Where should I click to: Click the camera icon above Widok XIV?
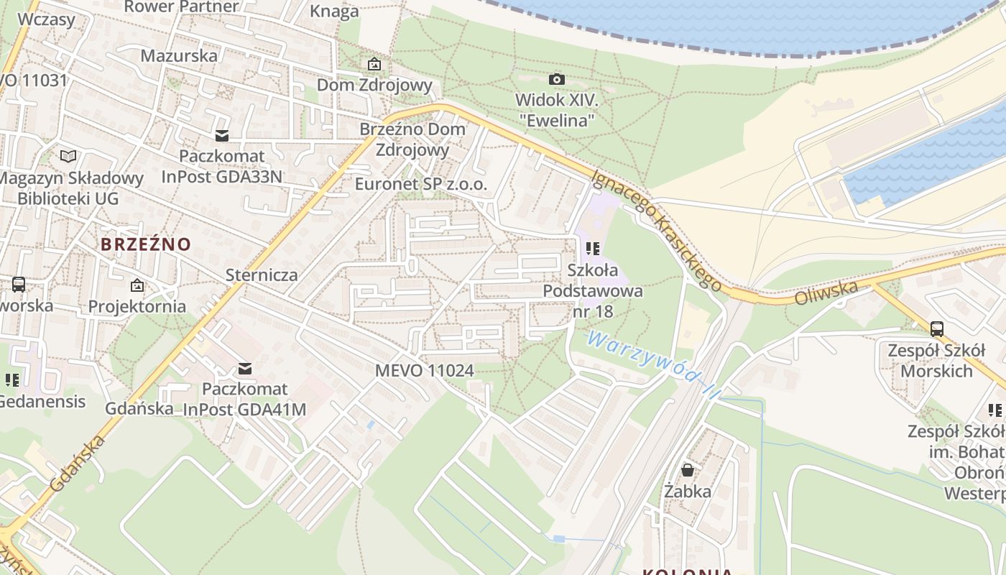click(x=556, y=79)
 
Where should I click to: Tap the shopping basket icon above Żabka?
click(x=688, y=470)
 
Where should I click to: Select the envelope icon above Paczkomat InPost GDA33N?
click(x=221, y=135)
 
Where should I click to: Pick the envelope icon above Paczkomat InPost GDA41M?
click(x=244, y=369)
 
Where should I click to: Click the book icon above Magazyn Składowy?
click(x=68, y=156)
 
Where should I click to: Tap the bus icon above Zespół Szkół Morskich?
click(x=936, y=329)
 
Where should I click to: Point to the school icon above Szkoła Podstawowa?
click(x=593, y=249)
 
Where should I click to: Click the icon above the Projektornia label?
click(x=137, y=285)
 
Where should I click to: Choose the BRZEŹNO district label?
click(x=146, y=244)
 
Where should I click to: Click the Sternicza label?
click(x=262, y=275)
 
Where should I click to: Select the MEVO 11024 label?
click(x=425, y=371)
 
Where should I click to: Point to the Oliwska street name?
click(x=826, y=293)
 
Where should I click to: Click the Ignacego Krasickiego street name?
click(x=656, y=230)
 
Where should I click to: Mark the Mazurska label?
click(x=179, y=56)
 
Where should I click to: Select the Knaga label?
click(x=334, y=11)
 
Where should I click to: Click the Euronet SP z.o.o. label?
click(x=421, y=185)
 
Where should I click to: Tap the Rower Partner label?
click(x=181, y=7)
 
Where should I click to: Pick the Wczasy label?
click(x=46, y=19)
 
